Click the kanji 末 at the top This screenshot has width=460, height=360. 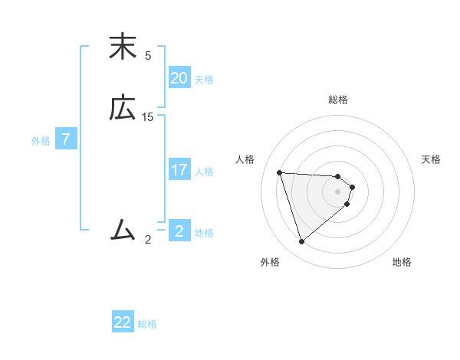point(123,47)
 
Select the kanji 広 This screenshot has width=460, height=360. point(123,110)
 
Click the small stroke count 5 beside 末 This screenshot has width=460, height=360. point(148,56)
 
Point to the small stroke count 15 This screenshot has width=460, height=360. point(148,117)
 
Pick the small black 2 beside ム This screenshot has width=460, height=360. point(148,239)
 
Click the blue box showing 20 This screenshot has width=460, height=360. point(179,77)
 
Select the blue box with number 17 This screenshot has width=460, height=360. point(179,170)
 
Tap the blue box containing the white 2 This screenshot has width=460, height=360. point(179,231)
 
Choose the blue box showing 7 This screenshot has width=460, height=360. point(66,140)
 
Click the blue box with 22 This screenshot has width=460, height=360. point(123,322)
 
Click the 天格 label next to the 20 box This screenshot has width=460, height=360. point(204,80)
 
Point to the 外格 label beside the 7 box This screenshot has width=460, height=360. point(41,141)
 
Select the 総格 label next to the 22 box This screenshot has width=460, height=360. point(147,324)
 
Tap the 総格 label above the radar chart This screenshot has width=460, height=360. point(338,100)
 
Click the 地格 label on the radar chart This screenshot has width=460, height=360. point(402,262)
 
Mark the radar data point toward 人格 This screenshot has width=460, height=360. point(279,172)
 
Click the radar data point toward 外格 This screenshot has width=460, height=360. point(301,242)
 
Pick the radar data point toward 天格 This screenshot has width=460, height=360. point(352,187)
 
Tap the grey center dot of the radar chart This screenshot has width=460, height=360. point(338,201)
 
